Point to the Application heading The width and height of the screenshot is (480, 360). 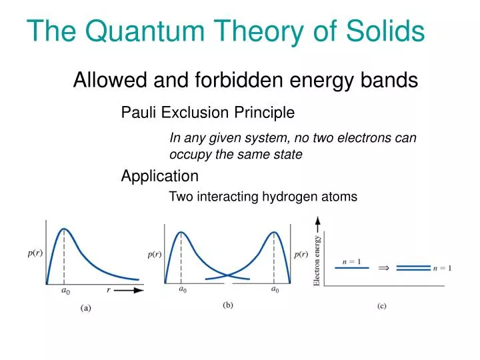[159, 176]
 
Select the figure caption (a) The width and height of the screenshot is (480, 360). [87, 307]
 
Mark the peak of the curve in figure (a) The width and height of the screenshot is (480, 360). [63, 229]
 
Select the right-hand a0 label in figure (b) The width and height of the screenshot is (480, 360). [274, 290]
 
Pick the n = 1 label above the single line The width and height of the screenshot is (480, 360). [351, 261]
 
